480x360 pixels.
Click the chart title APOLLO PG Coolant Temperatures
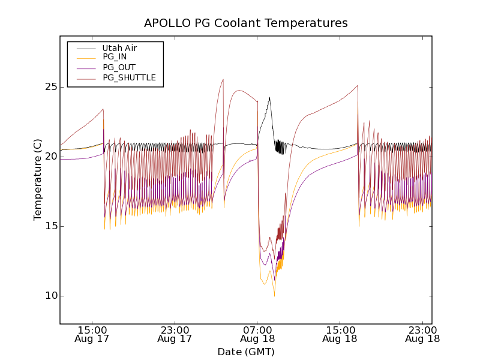tap(246, 23)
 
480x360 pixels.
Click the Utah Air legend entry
tap(119, 48)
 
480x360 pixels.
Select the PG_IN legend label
tap(115, 57)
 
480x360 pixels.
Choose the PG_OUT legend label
tap(119, 67)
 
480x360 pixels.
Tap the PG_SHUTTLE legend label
tap(129, 77)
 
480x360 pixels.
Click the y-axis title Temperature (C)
tap(38, 180)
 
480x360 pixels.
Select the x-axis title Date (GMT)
tap(246, 352)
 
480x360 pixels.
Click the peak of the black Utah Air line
tap(269, 97)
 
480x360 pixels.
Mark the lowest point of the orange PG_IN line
tap(274, 296)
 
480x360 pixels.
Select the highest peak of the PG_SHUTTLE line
tap(223, 79)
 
